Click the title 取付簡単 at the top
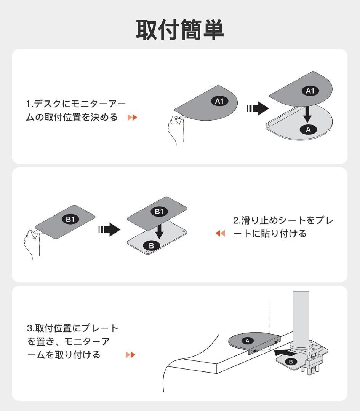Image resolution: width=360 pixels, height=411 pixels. click(180, 30)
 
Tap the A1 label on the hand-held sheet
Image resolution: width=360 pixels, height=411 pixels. click(219, 101)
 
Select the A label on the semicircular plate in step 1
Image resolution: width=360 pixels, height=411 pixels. click(308, 129)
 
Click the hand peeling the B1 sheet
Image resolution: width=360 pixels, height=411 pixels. click(32, 244)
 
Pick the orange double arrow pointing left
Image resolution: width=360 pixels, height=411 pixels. click(220, 233)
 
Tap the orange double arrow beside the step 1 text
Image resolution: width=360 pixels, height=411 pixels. click(132, 118)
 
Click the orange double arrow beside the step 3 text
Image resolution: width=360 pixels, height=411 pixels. click(130, 355)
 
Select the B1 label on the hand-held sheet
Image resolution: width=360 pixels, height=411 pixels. click(70, 219)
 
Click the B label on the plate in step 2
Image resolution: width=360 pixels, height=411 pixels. click(151, 245)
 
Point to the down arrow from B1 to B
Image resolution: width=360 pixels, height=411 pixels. click(159, 230)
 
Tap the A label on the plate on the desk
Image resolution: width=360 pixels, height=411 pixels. click(247, 341)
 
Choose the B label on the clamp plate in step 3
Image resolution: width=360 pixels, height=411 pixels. click(291, 362)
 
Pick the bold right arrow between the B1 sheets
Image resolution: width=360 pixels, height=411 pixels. click(109, 229)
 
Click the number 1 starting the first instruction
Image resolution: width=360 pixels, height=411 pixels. click(28, 104)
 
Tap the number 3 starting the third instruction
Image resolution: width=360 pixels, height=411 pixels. click(29, 328)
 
